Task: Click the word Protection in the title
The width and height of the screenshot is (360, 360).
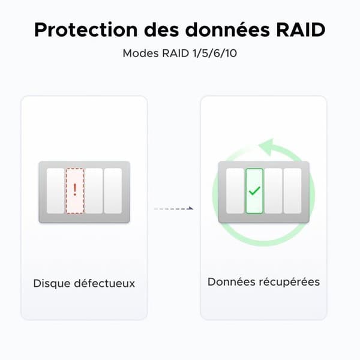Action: pyautogui.click(x=86, y=29)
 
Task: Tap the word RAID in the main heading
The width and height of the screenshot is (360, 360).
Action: pyautogui.click(x=301, y=29)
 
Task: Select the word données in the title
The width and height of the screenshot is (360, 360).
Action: pyautogui.click(x=227, y=29)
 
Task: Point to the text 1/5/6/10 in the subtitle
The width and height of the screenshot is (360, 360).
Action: pyautogui.click(x=215, y=53)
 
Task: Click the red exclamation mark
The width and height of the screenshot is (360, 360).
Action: pyautogui.click(x=75, y=190)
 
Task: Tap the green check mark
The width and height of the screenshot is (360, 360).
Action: pyautogui.click(x=254, y=191)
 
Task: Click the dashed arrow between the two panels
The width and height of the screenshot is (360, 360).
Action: pyautogui.click(x=173, y=209)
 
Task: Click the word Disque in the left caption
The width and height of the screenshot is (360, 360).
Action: pyautogui.click(x=52, y=284)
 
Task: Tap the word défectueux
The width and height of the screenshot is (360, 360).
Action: pyautogui.click(x=104, y=283)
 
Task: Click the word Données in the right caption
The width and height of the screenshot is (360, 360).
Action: pyautogui.click(x=231, y=282)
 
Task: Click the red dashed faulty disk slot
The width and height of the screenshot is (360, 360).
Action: pyautogui.click(x=75, y=191)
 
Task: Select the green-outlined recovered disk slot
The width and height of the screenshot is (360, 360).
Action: pyautogui.click(x=254, y=191)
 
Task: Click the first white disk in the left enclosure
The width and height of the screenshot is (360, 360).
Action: pyautogui.click(x=56, y=191)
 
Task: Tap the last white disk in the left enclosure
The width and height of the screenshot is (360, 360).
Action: pyautogui.click(x=113, y=191)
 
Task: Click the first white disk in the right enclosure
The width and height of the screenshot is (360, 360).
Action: pyautogui.click(x=235, y=191)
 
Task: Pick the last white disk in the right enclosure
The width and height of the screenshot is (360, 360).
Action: pyautogui.click(x=292, y=191)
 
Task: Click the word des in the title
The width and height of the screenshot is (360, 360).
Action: pyautogui.click(x=161, y=29)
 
